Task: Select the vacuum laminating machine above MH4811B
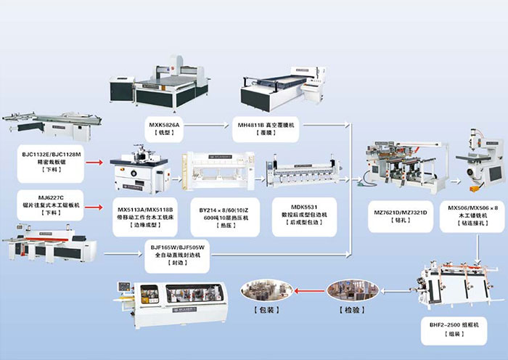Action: pyautogui.click(x=283, y=90)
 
